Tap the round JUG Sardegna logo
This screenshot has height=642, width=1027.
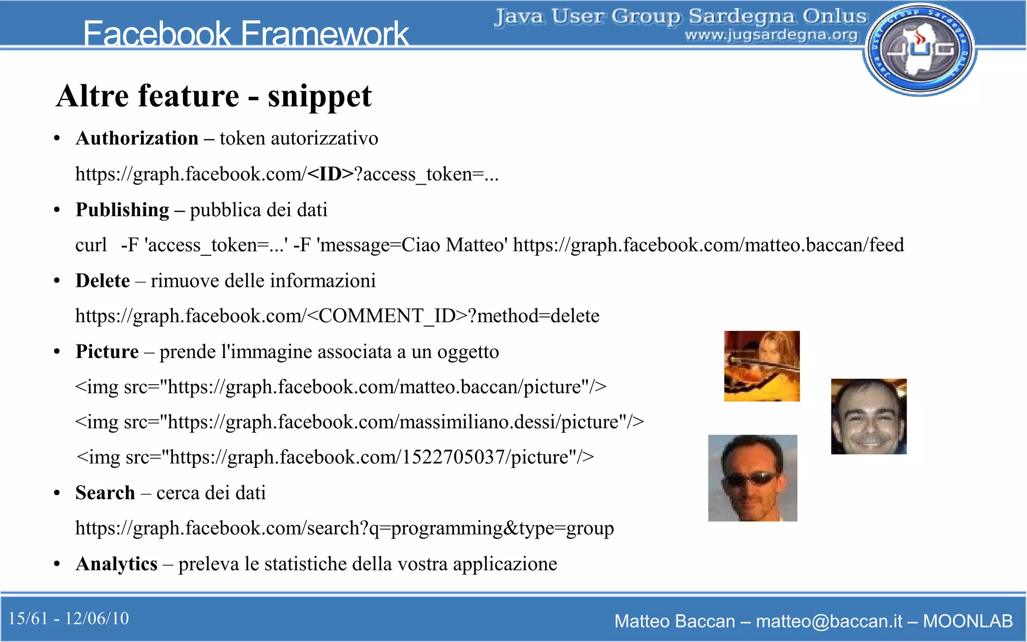920,49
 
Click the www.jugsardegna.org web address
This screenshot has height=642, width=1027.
771,35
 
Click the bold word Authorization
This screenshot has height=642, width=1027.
137,138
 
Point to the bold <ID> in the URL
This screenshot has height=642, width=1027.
330,174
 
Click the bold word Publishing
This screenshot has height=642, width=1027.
122,210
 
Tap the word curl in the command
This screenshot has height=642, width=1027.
91,245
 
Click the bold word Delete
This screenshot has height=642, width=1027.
103,281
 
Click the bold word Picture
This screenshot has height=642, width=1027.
107,352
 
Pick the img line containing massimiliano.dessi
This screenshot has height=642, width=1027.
359,422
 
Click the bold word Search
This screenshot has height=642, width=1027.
105,493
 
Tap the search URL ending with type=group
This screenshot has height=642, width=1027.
345,528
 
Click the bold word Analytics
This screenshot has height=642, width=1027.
116,564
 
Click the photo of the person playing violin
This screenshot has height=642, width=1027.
762,366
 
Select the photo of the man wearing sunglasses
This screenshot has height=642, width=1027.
752,478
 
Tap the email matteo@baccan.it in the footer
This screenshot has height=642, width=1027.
829,621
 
